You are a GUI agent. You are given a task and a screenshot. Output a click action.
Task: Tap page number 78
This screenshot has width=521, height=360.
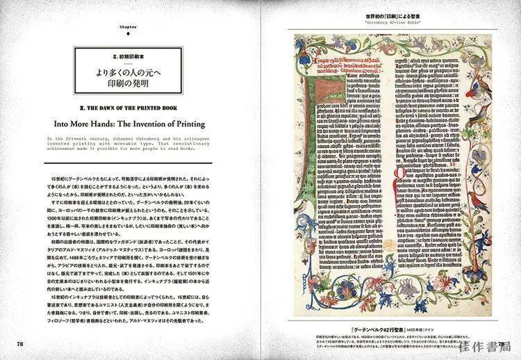(21, 343)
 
